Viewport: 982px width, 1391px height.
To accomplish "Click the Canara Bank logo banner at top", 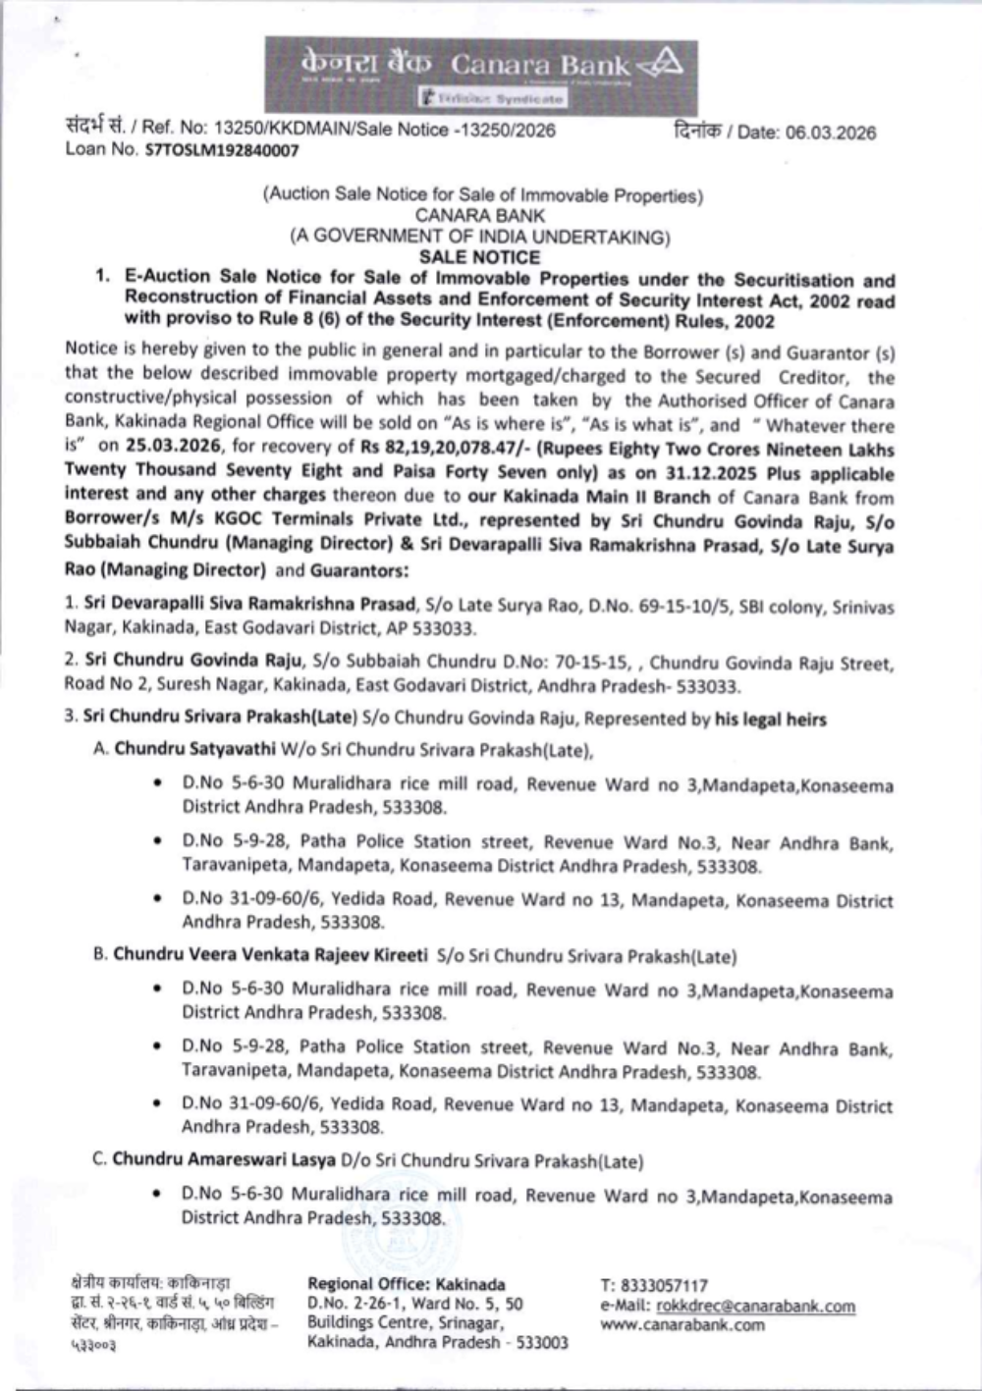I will [480, 75].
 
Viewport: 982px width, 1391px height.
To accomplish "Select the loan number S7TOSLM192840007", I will [222, 150].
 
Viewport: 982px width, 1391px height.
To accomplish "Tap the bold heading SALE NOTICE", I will [479, 257].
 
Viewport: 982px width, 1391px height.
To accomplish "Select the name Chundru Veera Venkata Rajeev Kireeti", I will [270, 954].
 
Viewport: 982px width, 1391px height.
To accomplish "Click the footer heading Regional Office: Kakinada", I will [407, 1284].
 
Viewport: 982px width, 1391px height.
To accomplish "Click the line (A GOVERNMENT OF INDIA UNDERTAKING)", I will [479, 236].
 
